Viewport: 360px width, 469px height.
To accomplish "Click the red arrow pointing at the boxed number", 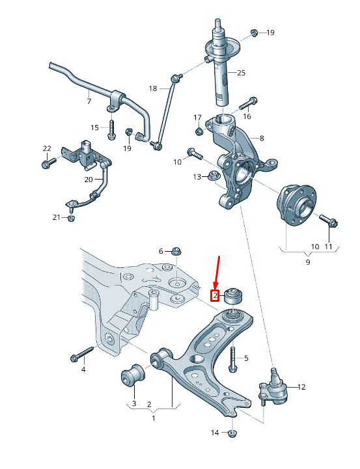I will pos(217,272).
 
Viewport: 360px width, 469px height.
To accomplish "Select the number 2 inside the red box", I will pos(214,296).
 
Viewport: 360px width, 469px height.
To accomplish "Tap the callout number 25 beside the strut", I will pos(241,73).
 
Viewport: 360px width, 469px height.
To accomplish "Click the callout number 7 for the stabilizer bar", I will pos(89,101).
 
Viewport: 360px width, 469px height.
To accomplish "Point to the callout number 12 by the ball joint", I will pos(301,387).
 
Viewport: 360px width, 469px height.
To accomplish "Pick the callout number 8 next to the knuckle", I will pos(261,138).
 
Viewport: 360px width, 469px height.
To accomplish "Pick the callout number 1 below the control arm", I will pos(154,418).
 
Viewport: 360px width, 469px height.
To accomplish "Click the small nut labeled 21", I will pos(71,218).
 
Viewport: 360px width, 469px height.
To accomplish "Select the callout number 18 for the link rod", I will pos(153,88).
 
